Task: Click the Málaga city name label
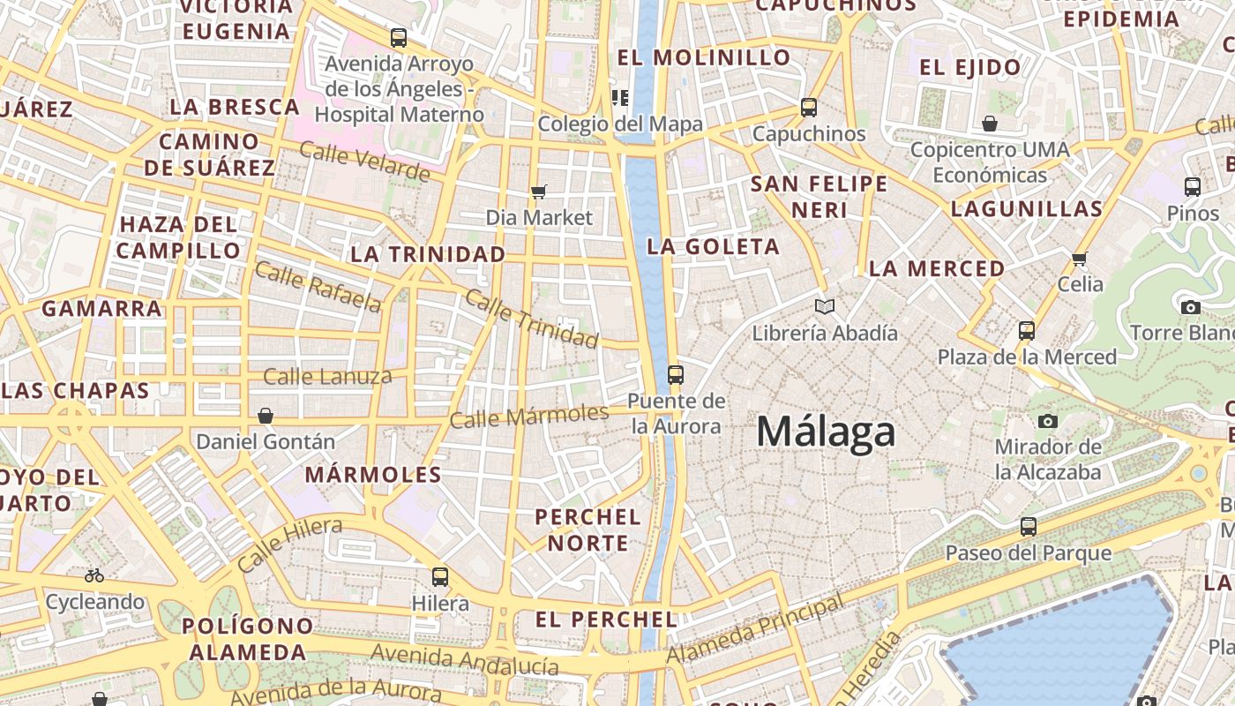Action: [x=826, y=432]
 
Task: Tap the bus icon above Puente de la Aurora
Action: [x=676, y=375]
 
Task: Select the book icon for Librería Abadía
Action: [x=825, y=306]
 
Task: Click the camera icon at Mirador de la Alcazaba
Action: [x=1048, y=421]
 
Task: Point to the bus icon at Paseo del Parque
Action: [x=1029, y=527]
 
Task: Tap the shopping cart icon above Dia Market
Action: [x=539, y=192]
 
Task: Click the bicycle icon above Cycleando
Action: [x=94, y=575]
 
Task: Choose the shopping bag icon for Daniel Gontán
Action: [x=266, y=416]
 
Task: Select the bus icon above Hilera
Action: [x=440, y=577]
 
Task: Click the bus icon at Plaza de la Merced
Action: [x=1027, y=331]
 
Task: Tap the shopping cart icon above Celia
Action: [x=1080, y=259]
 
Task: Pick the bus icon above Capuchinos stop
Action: [x=809, y=108]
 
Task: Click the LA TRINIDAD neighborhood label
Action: [x=428, y=254]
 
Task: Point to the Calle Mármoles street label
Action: [x=528, y=416]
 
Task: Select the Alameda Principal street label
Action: [x=755, y=630]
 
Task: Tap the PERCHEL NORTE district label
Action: [x=588, y=529]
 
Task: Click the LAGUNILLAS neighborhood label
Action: [x=1027, y=209]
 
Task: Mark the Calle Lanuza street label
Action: [x=327, y=377]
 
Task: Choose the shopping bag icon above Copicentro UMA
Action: [x=990, y=124]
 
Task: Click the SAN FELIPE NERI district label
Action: [x=819, y=197]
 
